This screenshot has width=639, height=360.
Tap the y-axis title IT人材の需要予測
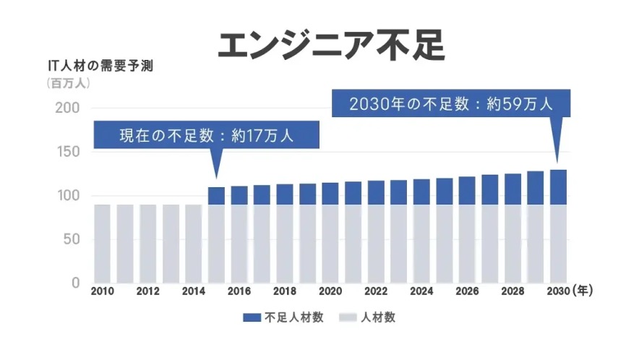tap(100, 66)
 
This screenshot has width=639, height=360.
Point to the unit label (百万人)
tap(68, 83)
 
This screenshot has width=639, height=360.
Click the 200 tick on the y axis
tap(67, 108)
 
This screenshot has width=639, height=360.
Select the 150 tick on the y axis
tap(67, 152)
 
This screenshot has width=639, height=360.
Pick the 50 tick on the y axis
tap(72, 239)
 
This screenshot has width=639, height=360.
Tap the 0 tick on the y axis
tap(75, 283)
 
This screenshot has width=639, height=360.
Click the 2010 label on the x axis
tap(103, 291)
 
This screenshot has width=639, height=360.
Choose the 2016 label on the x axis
tap(239, 291)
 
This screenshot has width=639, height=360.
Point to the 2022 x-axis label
tap(376, 291)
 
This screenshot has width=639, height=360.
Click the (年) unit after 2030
tap(583, 291)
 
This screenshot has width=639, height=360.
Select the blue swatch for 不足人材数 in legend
tap(252, 317)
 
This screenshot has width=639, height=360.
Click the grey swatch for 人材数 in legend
tap(348, 317)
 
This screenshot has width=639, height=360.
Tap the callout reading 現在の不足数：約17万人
tap(207, 135)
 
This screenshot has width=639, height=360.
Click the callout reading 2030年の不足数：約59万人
tap(451, 103)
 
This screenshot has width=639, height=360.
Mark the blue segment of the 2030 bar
tap(558, 187)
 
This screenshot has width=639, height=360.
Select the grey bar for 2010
tap(103, 244)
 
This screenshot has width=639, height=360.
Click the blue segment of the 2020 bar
tap(330, 194)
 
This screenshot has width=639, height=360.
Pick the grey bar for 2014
tap(194, 244)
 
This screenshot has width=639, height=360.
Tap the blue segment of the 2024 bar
tap(421, 192)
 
